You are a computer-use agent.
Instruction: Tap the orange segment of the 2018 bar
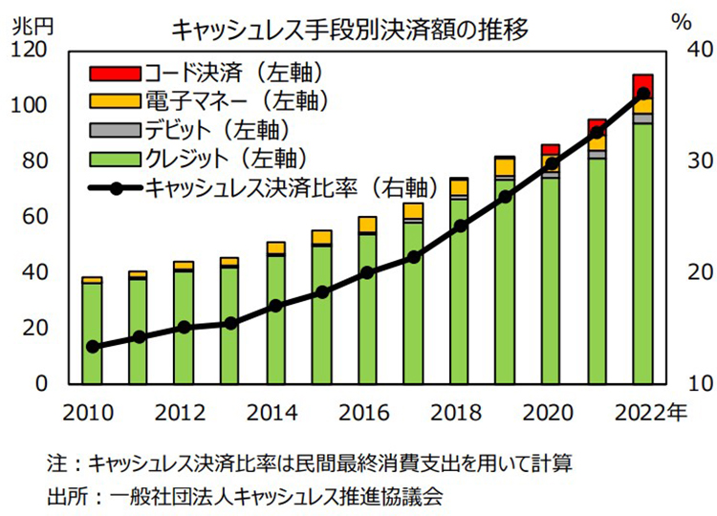point(459,185)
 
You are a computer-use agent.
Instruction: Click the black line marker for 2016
point(367,272)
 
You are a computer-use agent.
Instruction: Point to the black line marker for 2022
point(642,94)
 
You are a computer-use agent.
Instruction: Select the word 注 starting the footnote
point(55,465)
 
